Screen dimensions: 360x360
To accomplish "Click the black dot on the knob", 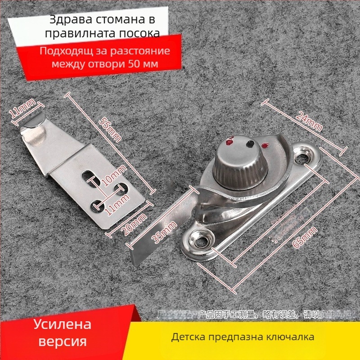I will tap(248, 144).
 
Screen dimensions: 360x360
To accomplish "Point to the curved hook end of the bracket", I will tap(34, 130).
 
